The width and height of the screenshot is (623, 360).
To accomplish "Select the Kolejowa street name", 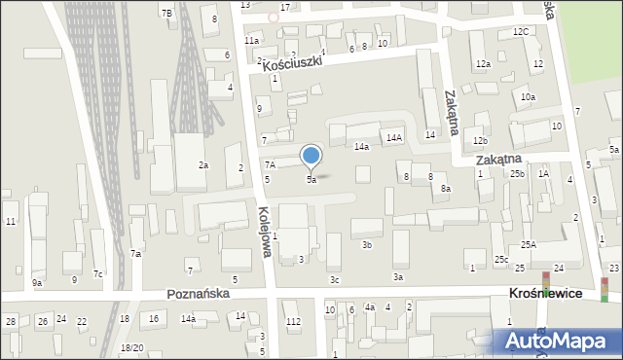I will [x=264, y=234].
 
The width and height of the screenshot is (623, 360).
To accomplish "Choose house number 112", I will [x=292, y=322].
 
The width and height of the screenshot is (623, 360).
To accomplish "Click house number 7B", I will [x=166, y=13].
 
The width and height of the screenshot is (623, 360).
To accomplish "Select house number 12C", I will [x=521, y=31].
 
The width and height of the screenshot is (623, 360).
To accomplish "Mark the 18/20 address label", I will [x=131, y=347].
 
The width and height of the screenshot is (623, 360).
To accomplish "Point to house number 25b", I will [x=517, y=173].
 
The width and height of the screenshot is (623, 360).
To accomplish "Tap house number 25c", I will [x=500, y=259].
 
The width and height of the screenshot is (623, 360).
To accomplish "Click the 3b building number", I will [x=367, y=245].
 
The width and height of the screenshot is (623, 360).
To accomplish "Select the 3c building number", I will [x=334, y=280].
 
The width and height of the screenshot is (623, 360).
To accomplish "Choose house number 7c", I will [x=98, y=273].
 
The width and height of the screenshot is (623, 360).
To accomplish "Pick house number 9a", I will [x=37, y=282].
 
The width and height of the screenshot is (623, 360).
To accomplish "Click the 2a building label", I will [x=203, y=165].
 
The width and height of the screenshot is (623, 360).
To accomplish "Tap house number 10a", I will [x=528, y=97].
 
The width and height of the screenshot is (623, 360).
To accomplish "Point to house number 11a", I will [x=251, y=41].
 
